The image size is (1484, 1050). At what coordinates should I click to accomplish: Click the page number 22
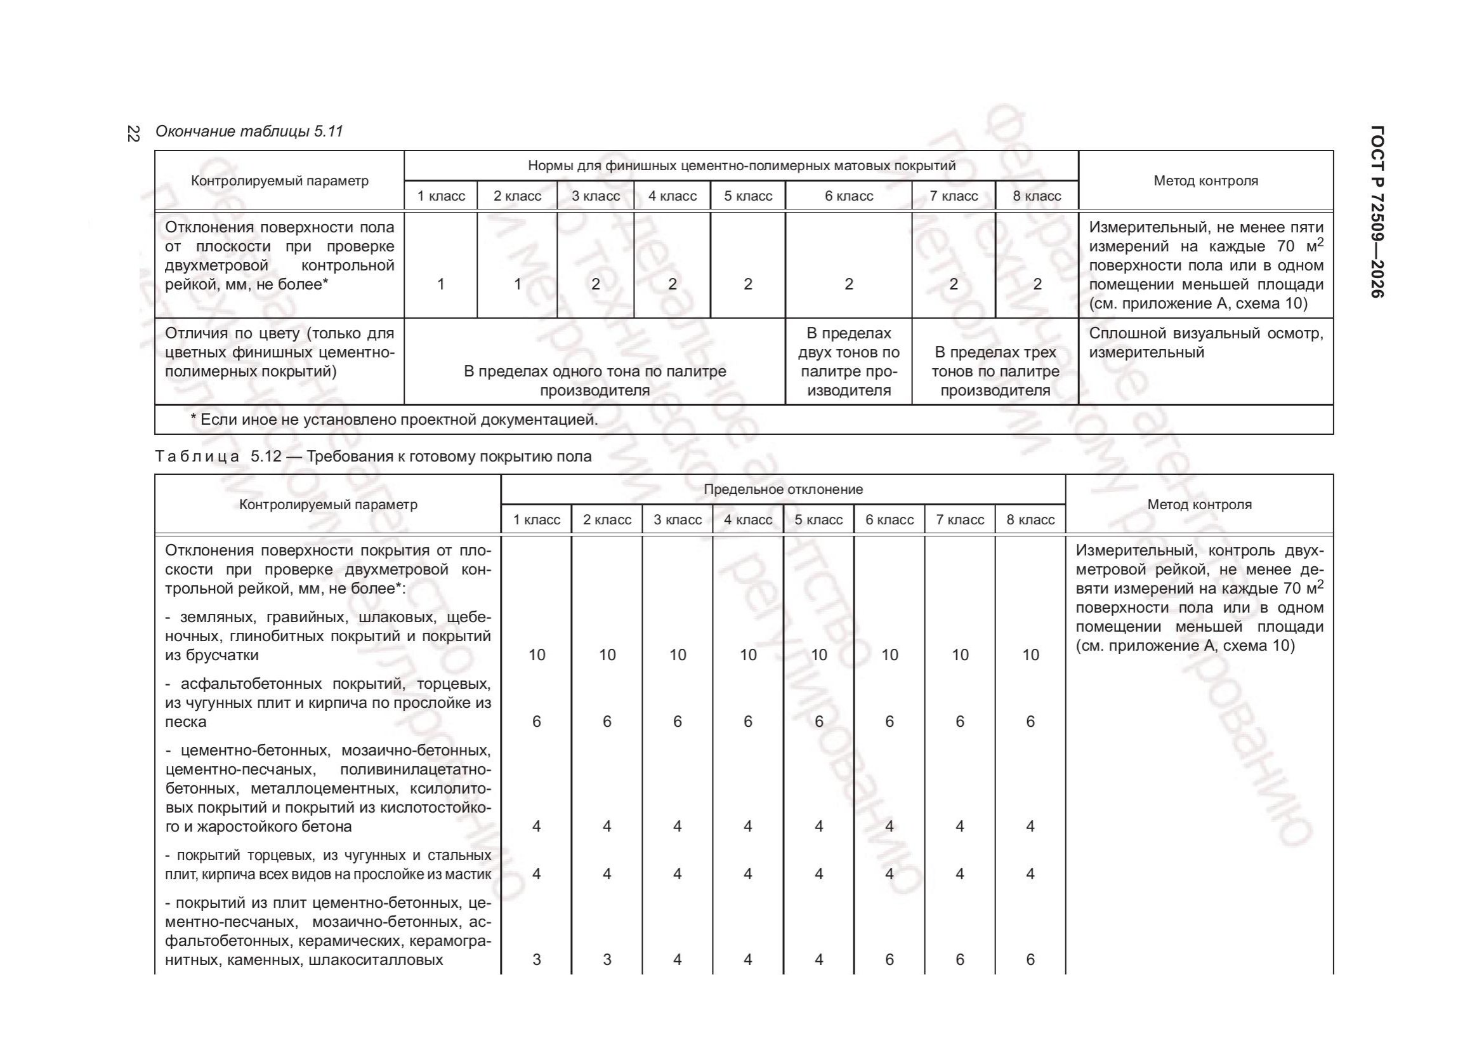(133, 134)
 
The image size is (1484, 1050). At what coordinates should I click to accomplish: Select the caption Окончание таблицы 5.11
(249, 132)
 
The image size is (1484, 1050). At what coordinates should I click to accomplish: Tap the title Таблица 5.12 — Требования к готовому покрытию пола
(373, 456)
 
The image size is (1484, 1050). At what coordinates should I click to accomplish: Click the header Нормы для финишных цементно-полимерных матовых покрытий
(741, 166)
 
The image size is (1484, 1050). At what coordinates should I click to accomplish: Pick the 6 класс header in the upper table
(849, 196)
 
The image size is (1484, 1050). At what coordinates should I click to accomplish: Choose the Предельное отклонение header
(783, 489)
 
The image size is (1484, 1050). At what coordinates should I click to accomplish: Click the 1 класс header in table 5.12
(537, 520)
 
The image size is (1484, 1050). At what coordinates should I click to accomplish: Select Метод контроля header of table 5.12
(1199, 505)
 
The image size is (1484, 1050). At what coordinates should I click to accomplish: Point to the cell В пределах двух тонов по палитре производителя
(849, 362)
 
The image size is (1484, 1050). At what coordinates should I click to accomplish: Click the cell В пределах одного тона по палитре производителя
(594, 381)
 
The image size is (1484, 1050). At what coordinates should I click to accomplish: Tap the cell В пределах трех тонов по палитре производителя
(995, 372)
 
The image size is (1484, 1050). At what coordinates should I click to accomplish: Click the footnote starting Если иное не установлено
(394, 420)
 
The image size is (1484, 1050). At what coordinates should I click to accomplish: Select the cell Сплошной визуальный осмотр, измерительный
(1205, 343)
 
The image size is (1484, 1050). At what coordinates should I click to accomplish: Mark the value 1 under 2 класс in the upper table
(517, 284)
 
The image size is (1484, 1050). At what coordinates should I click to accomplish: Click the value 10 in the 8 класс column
(1030, 655)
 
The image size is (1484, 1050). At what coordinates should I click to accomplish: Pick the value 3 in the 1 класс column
(537, 959)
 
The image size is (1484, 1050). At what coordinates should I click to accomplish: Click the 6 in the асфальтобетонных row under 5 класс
(818, 722)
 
